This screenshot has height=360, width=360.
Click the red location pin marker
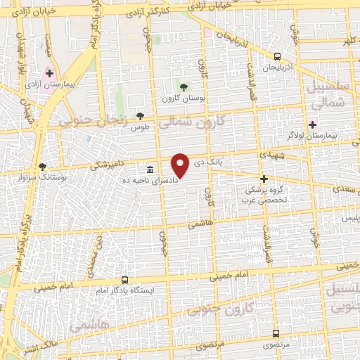point(181,165)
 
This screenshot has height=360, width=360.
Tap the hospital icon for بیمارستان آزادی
point(49,73)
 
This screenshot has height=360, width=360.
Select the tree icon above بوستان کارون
point(184,87)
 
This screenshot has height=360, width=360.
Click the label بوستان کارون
point(184,100)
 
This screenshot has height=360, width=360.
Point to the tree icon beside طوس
point(140,115)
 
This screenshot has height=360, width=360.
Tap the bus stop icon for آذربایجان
point(277,56)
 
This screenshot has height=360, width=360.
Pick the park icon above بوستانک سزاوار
point(43,167)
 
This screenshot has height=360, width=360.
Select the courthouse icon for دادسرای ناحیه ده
point(150,169)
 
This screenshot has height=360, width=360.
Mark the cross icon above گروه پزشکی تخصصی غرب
point(264,179)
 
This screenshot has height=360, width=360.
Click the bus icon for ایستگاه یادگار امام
point(124,279)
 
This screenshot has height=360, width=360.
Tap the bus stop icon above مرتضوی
point(275,334)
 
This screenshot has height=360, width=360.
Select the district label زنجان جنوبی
point(93,120)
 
